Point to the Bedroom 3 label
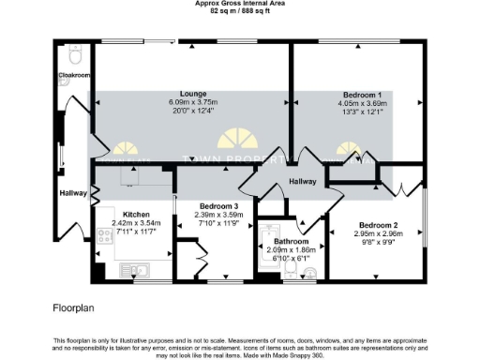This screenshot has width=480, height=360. (217, 206)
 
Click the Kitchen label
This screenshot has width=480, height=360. (124, 213)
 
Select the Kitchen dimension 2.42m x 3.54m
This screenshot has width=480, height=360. (124, 222)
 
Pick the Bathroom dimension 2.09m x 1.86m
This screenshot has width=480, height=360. (287, 250)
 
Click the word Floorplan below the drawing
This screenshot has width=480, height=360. (74, 307)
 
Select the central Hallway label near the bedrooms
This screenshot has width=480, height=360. (303, 181)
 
